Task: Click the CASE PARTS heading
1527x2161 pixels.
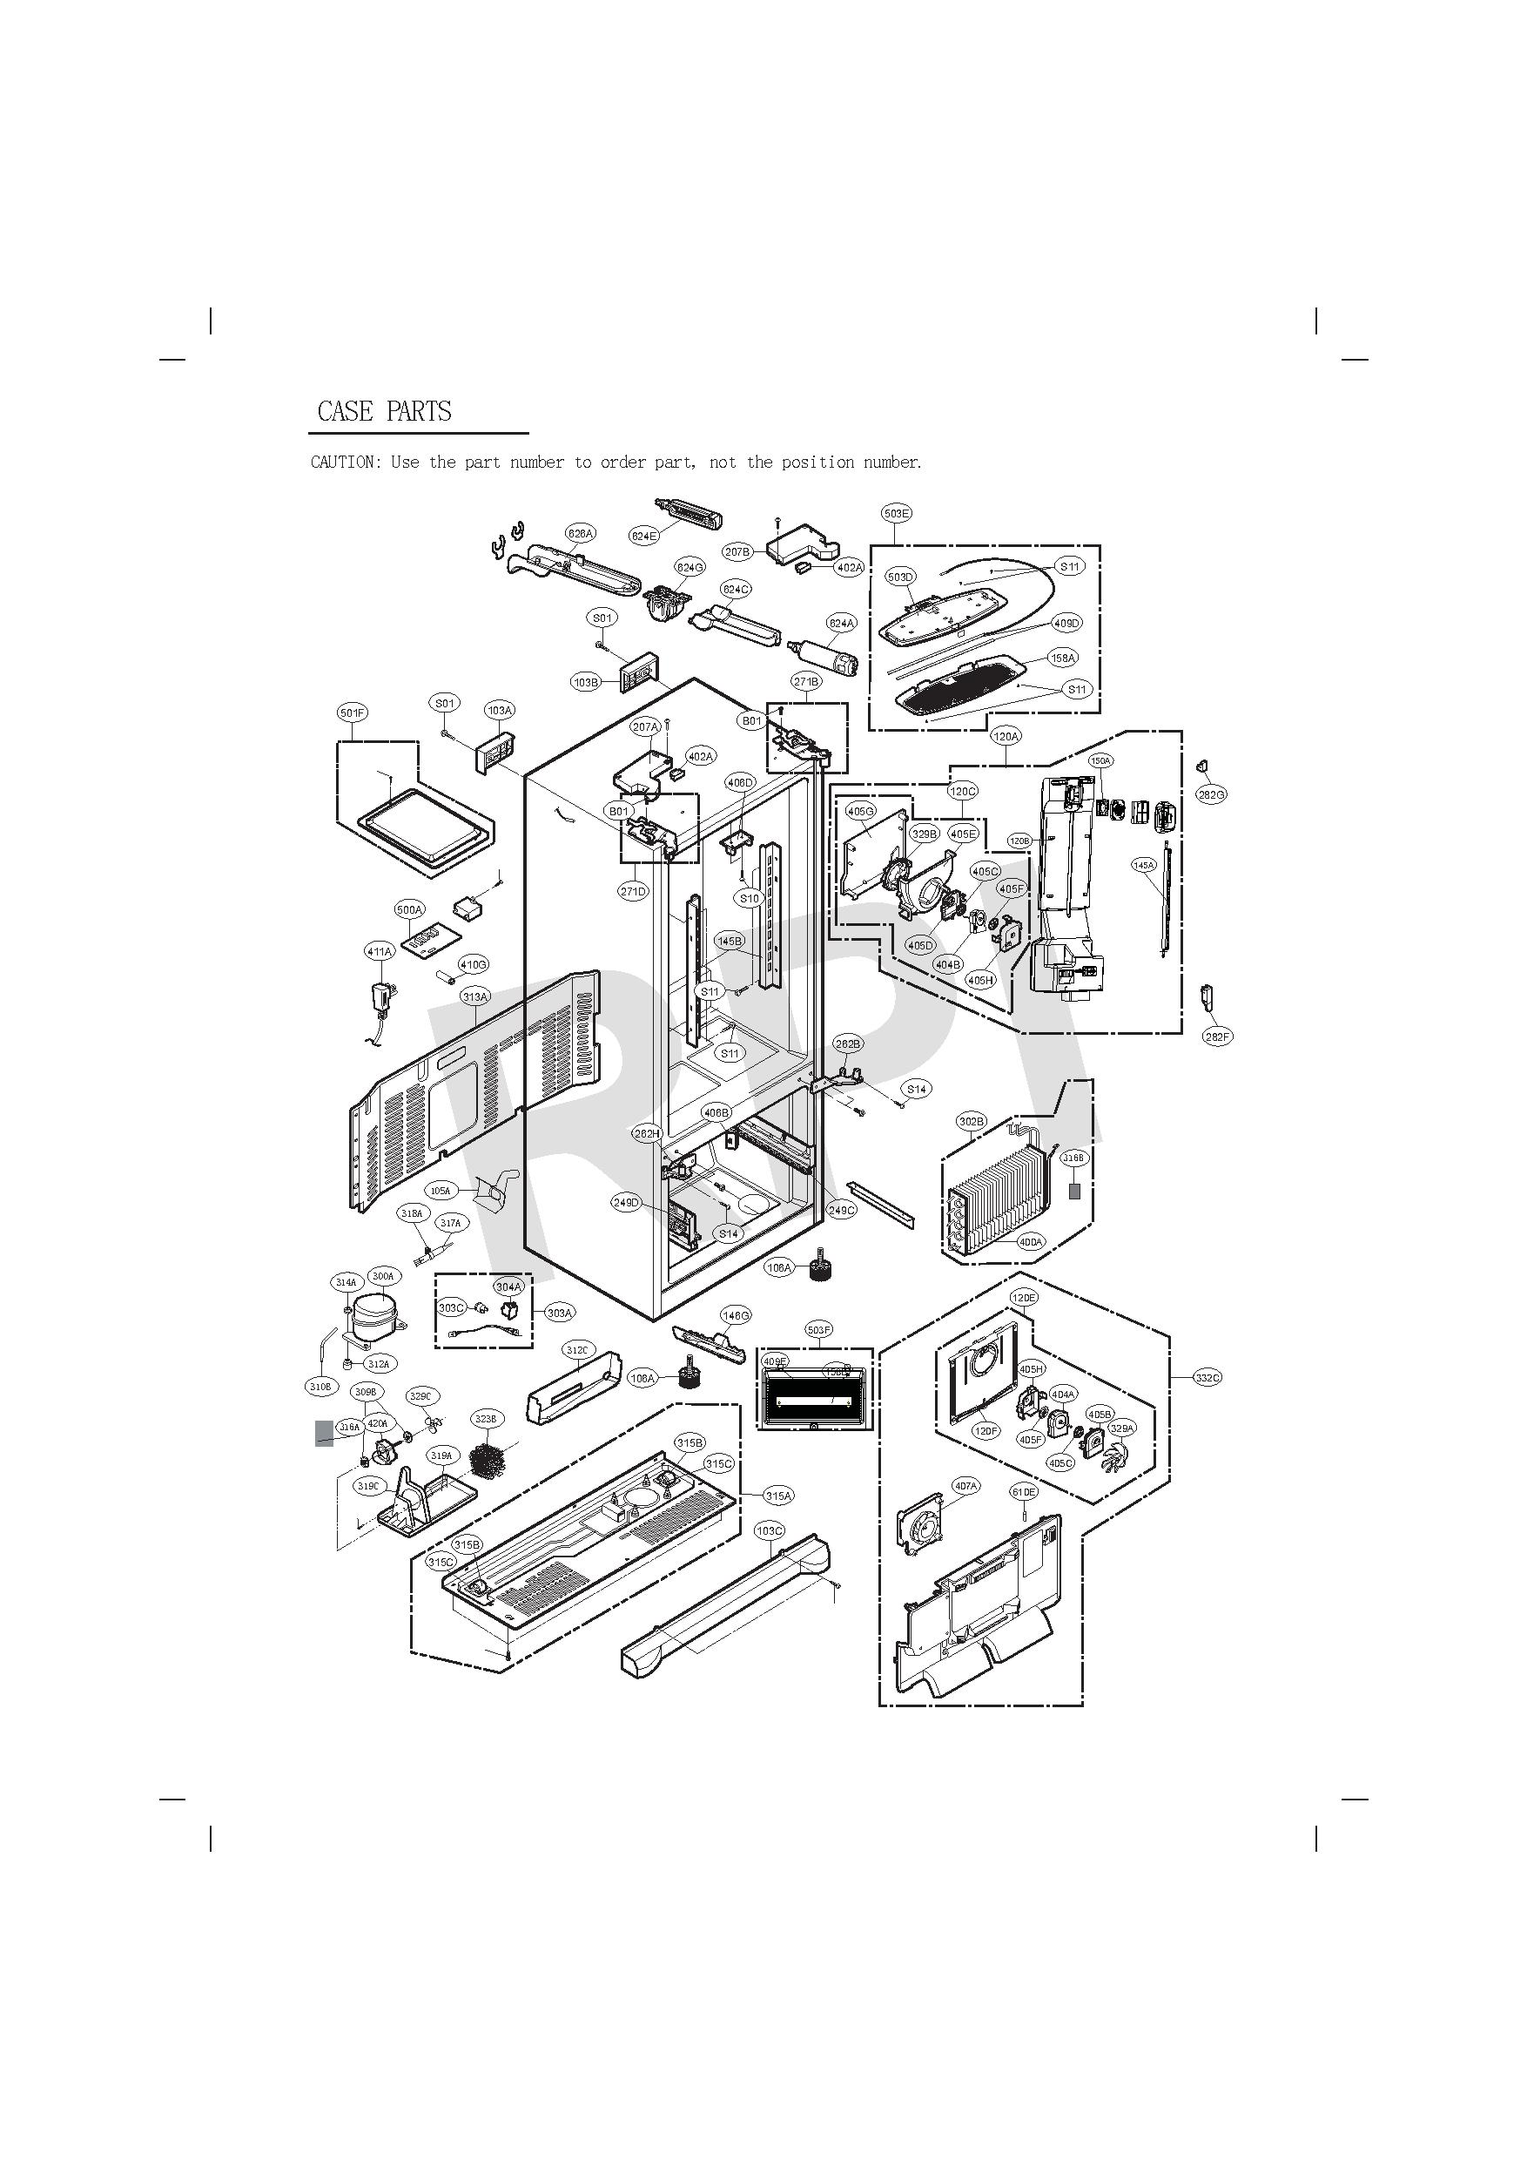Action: pos(384,411)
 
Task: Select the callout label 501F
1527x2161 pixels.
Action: pos(352,712)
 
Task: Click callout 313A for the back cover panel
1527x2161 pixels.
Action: pos(475,996)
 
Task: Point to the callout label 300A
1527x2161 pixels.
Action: pos(383,1276)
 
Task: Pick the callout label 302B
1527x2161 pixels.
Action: pos(972,1121)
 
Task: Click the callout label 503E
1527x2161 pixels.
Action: pos(896,513)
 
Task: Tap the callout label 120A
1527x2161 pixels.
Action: pos(1006,736)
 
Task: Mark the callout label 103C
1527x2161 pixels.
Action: pos(770,1531)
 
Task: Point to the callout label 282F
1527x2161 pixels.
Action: pos(1216,1037)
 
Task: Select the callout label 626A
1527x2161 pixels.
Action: pos(581,534)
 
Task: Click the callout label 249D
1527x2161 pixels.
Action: pos(627,1203)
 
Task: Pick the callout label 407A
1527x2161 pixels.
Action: pos(966,1486)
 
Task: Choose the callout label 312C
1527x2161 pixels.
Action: pos(576,1351)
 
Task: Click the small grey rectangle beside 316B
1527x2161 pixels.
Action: pos(1073,1191)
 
